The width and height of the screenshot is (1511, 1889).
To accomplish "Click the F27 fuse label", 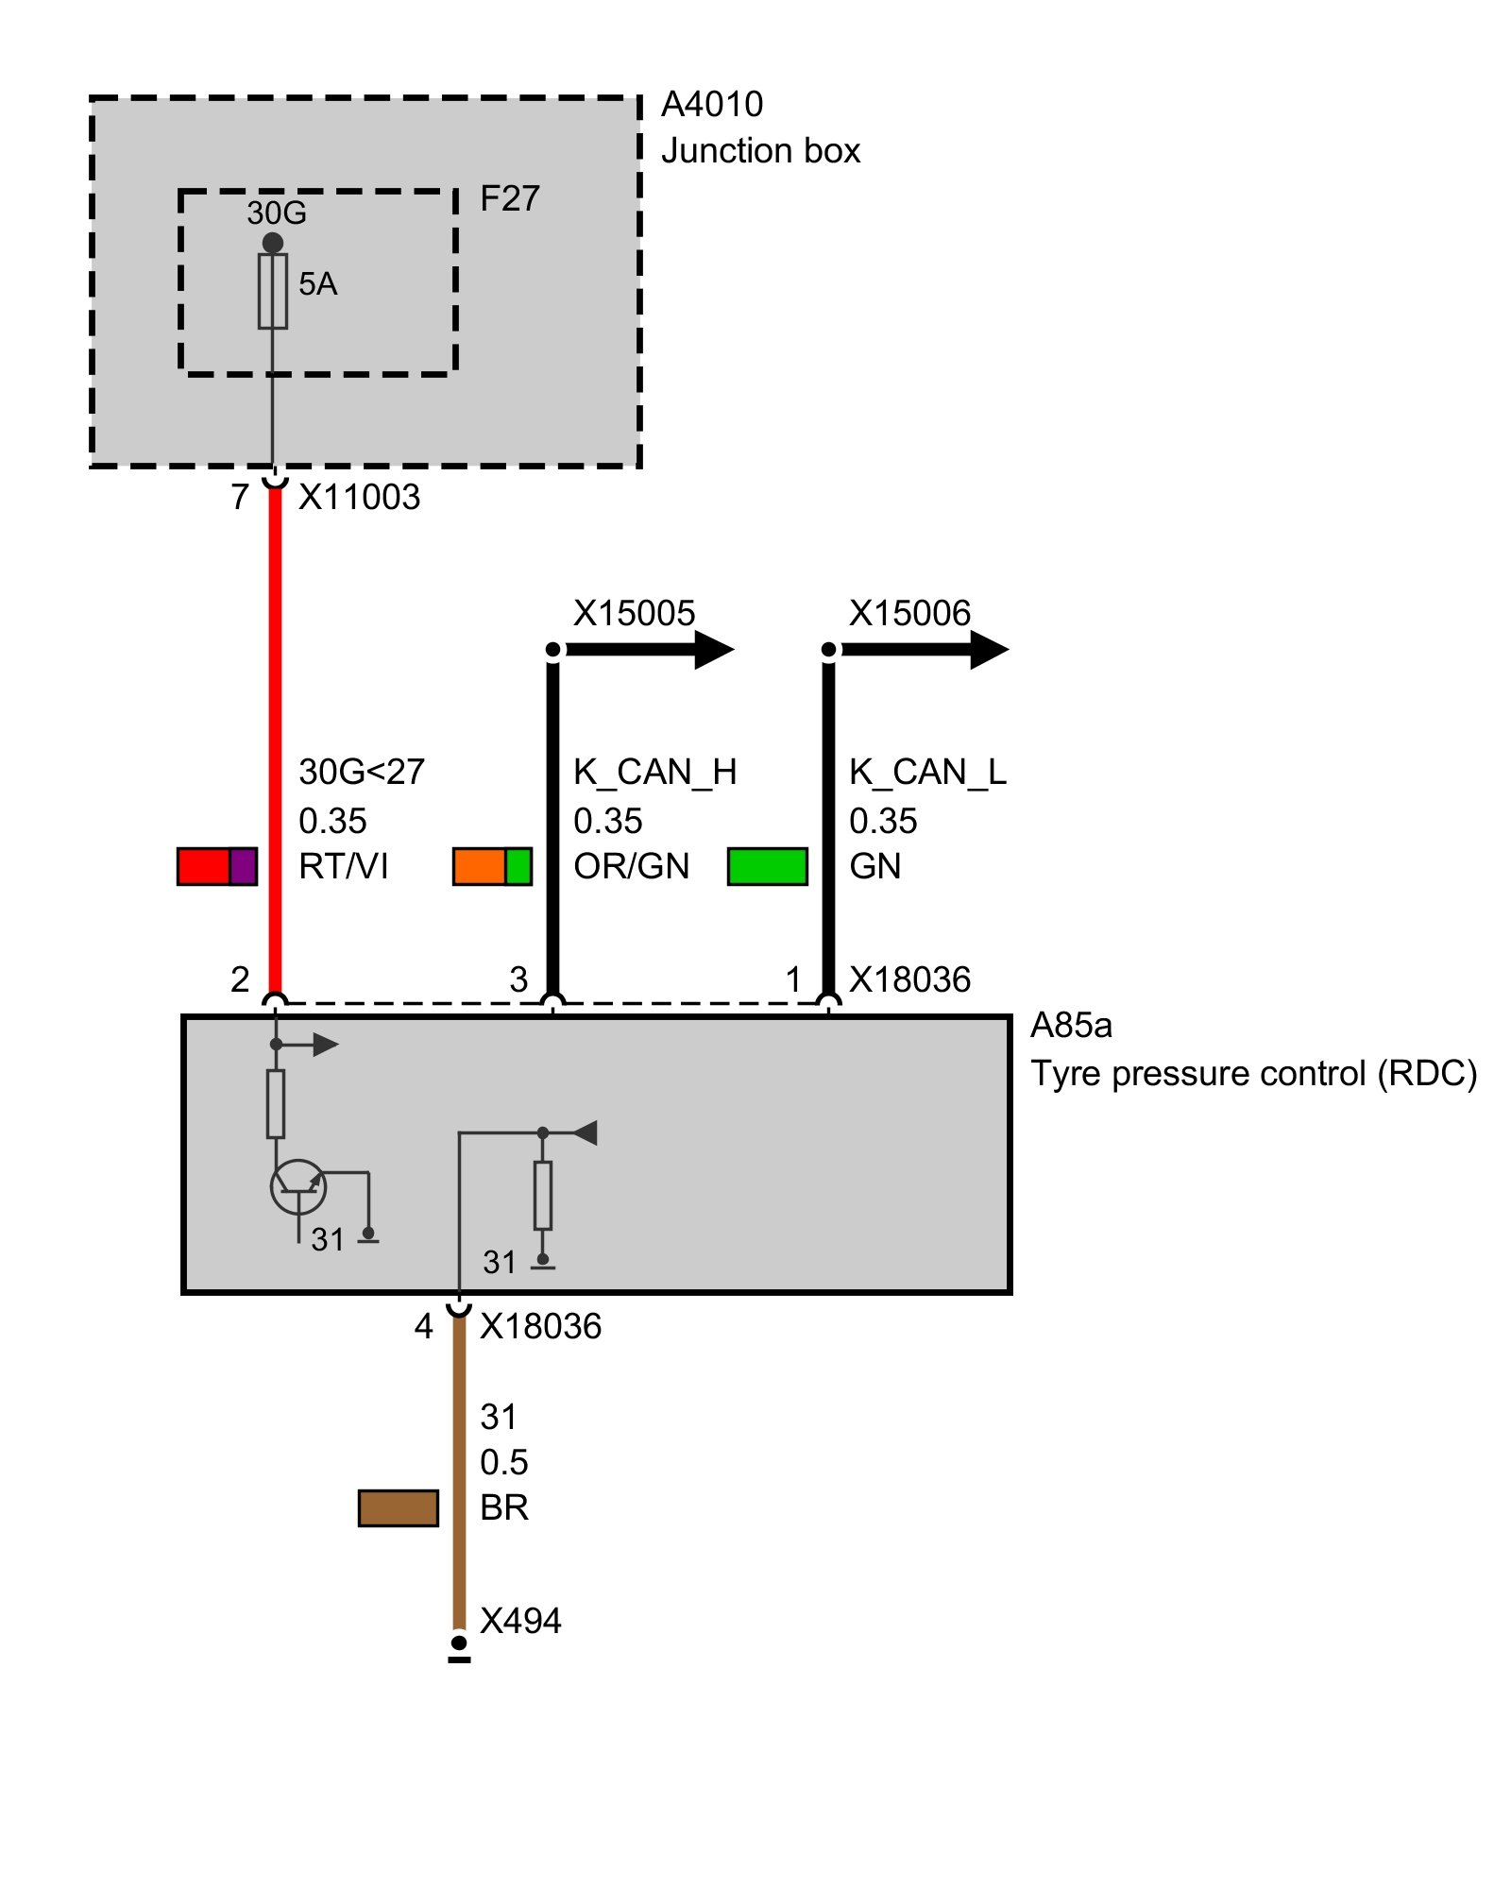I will (x=510, y=199).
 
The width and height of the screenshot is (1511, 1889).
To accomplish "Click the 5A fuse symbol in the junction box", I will (x=273, y=291).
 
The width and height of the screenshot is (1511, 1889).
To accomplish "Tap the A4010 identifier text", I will (x=712, y=105).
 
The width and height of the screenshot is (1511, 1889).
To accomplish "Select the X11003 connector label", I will (x=359, y=498).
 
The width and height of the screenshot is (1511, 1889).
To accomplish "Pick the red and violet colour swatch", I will (x=217, y=866).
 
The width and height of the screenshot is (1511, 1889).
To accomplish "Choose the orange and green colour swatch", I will (x=492, y=866).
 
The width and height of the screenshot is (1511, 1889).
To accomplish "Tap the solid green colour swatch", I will (x=767, y=866).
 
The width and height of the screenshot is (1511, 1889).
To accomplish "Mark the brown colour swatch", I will (x=398, y=1508).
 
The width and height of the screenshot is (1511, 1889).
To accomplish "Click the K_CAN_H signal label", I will (x=654, y=773).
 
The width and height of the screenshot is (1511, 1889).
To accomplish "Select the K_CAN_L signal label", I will (x=927, y=773).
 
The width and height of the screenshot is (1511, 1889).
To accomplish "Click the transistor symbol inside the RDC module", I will (x=298, y=1187).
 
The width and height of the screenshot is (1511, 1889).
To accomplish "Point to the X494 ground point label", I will (x=520, y=1622).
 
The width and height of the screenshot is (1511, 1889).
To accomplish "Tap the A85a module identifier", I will (x=1071, y=1026).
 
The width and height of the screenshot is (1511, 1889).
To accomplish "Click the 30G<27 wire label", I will (x=362, y=773).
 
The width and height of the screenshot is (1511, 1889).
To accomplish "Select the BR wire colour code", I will (x=503, y=1508).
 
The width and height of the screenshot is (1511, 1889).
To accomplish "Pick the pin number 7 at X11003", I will (x=240, y=498).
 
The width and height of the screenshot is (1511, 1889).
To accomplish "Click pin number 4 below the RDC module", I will (x=423, y=1327).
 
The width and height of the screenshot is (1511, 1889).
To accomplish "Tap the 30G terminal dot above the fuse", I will (x=273, y=243).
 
